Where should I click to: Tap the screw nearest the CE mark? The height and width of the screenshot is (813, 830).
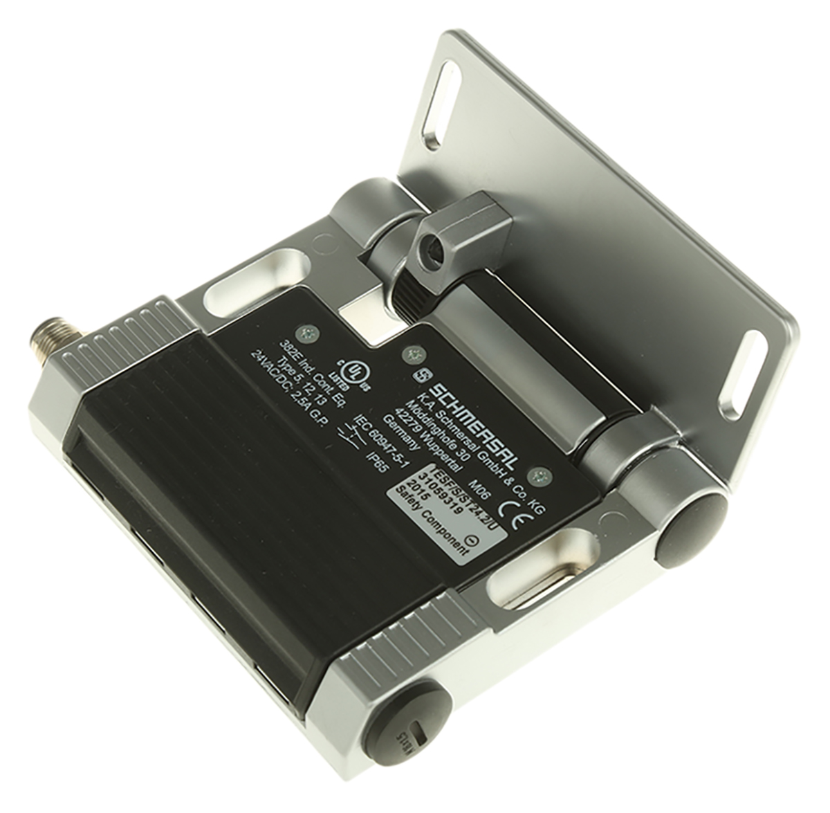pyautogui.click(x=541, y=476)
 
